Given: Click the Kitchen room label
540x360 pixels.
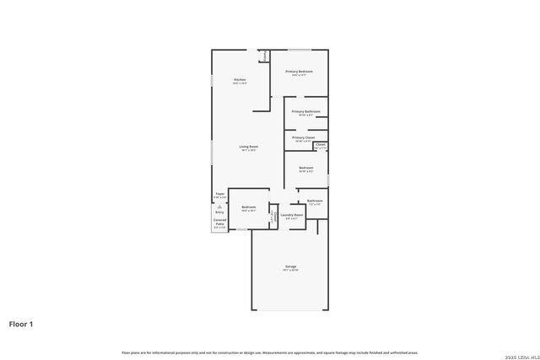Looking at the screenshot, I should point(240,81).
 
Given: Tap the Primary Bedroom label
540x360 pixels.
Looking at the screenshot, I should point(299,73).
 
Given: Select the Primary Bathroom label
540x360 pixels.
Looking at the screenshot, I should point(305,112).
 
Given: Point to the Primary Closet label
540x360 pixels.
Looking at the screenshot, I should point(303,138).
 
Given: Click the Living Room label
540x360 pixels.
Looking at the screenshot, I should point(247,148).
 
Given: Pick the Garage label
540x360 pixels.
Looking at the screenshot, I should point(290,267).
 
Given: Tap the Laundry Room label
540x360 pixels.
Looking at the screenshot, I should point(292,216).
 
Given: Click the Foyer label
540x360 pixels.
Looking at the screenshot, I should point(219,195).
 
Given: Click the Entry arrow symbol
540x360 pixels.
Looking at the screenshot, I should point(219,206).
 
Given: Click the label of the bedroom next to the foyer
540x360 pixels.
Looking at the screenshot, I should point(248,208).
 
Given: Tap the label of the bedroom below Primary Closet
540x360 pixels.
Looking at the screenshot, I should point(305,169).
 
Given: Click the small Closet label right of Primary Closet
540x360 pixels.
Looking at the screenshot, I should point(321,145).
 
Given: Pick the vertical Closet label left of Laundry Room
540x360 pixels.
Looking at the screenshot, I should point(273,216).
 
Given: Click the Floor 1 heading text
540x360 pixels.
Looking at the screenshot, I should point(21,324).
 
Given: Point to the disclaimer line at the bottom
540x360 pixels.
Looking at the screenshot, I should point(270,352).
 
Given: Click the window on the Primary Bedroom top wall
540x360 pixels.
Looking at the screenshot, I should point(300,50).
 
